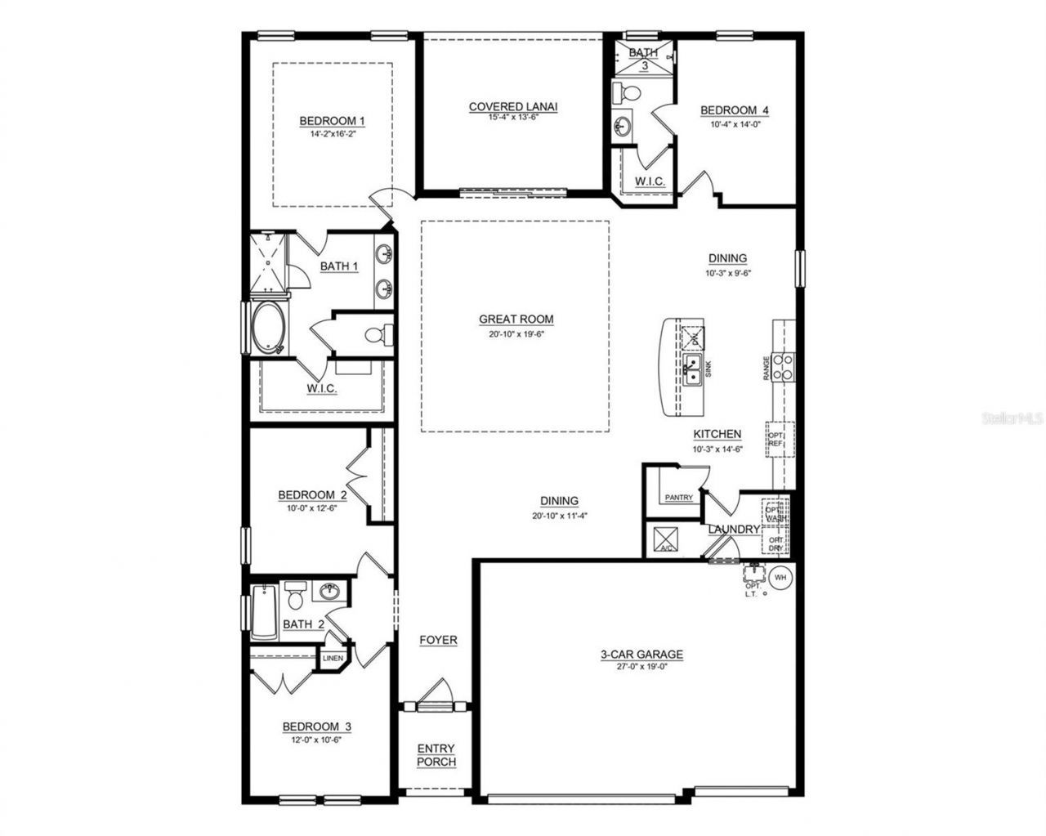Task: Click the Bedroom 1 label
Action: click(x=332, y=121)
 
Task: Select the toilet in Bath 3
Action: click(x=626, y=93)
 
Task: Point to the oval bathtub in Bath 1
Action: click(x=266, y=328)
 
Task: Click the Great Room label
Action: click(x=516, y=320)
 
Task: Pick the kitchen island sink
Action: click(x=692, y=370)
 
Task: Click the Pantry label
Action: click(x=678, y=498)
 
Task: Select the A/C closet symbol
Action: click(x=660, y=539)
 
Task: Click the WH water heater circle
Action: click(x=780, y=576)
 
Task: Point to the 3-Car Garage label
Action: click(x=641, y=654)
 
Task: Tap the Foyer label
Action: click(x=438, y=640)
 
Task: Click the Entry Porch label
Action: click(x=436, y=755)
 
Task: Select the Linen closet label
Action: click(x=332, y=659)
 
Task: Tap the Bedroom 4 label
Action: click(x=734, y=110)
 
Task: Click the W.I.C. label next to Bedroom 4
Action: click(x=650, y=181)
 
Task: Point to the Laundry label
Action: click(x=733, y=530)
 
